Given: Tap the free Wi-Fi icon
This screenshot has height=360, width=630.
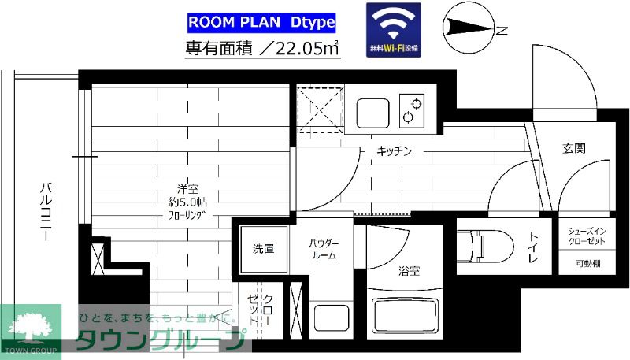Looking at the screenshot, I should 394,30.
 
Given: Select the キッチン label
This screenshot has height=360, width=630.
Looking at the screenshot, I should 395,150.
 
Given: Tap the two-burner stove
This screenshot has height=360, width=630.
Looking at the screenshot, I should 410,111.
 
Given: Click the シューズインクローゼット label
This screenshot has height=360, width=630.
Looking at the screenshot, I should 586,236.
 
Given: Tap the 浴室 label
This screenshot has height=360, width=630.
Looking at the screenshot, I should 409,272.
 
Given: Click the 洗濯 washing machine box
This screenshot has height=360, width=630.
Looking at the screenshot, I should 263,249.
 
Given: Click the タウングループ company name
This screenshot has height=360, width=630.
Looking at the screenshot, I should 157,341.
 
